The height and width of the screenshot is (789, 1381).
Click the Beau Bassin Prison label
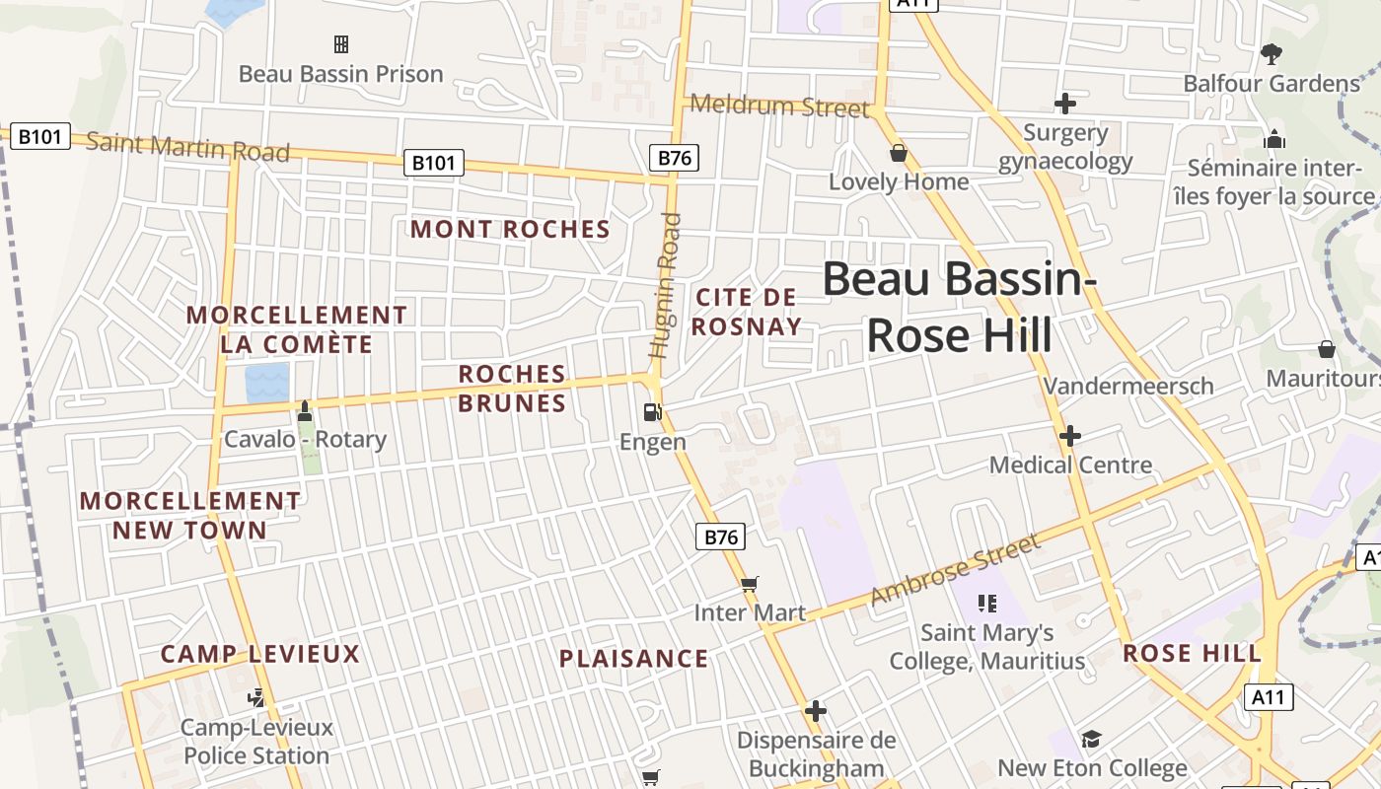pos(341,74)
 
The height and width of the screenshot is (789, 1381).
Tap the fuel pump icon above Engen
pos(651,412)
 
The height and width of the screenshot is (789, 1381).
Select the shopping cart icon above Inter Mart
pos(750,584)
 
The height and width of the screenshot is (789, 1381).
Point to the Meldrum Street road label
pos(779,106)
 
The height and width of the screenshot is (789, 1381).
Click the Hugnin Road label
pos(666,286)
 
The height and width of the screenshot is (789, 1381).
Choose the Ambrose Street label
pos(955,570)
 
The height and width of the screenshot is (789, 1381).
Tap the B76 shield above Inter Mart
pos(721,537)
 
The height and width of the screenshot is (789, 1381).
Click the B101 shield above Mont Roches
pos(434,163)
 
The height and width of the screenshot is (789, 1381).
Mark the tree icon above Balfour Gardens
pos(1272,53)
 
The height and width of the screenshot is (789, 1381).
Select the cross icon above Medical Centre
pos(1070,435)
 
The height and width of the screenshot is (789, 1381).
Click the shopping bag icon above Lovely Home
pos(898,153)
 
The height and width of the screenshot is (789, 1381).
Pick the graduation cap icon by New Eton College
pos(1091,739)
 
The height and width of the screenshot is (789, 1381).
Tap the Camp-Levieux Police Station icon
pos(256,698)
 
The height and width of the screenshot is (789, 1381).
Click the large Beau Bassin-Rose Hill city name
pos(959,307)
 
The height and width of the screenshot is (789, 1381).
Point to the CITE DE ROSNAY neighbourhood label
pos(746,312)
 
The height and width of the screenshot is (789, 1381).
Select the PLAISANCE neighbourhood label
pos(633,659)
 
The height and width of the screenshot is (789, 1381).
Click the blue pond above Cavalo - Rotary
pos(266,383)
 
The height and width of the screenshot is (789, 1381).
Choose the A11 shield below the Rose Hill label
pos(1268,697)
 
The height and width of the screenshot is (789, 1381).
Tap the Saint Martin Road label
pos(187,146)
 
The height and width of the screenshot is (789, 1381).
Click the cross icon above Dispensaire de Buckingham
pos(815,710)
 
